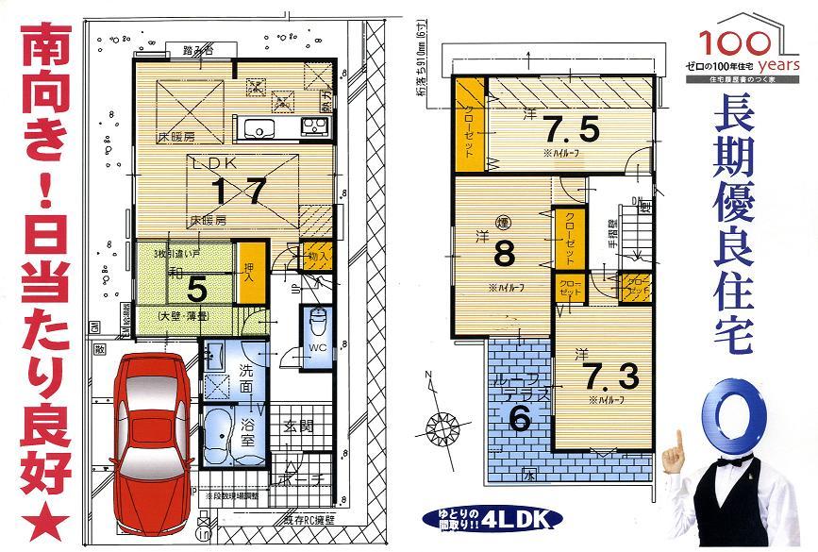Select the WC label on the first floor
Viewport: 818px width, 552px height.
[x=318, y=350]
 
